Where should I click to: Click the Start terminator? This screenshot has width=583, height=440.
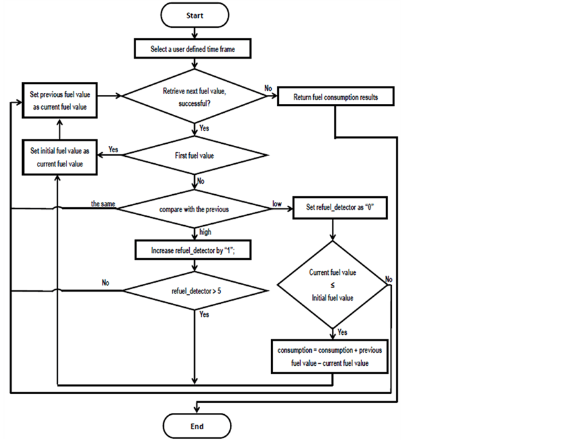tap(194, 15)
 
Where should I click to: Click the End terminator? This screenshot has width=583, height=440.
tap(197, 426)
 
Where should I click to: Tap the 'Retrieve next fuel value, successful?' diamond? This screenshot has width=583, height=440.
tap(194, 96)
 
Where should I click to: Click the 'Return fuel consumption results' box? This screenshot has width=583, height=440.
tap(336, 97)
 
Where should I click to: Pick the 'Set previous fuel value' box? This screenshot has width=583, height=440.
tap(59, 101)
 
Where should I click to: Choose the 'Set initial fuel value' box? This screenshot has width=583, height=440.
tap(59, 157)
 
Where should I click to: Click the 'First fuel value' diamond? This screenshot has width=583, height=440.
tap(194, 155)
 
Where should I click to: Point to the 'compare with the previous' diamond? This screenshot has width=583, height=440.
tap(194, 209)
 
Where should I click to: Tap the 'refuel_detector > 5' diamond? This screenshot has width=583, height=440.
tap(194, 291)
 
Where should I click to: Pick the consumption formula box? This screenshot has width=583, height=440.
tap(330, 357)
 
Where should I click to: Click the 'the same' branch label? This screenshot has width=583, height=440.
tap(103, 203)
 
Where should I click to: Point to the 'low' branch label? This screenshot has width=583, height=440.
tap(277, 203)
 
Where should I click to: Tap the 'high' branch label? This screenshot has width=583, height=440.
tap(206, 232)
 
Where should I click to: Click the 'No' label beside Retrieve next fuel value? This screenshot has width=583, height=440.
tap(268, 88)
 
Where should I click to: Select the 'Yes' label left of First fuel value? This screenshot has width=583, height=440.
tap(113, 149)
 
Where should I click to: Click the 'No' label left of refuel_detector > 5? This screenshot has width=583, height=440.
tap(105, 283)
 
